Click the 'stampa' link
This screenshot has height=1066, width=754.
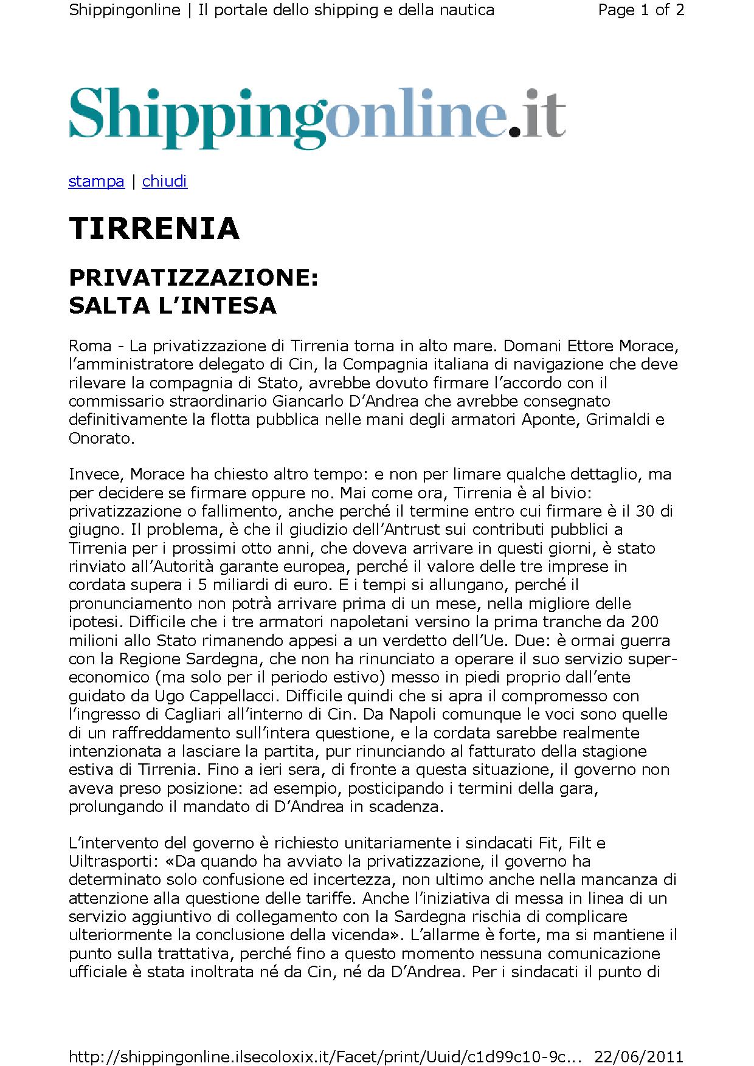96,181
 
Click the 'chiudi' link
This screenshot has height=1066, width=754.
164,181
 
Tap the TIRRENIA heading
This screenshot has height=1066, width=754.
154,229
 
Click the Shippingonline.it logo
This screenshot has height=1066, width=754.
317,116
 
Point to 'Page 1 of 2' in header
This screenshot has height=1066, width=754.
641,10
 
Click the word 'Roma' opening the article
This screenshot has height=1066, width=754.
90,346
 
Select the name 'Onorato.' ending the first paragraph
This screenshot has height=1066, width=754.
101,438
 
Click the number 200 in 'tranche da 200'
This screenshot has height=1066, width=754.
645,622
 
